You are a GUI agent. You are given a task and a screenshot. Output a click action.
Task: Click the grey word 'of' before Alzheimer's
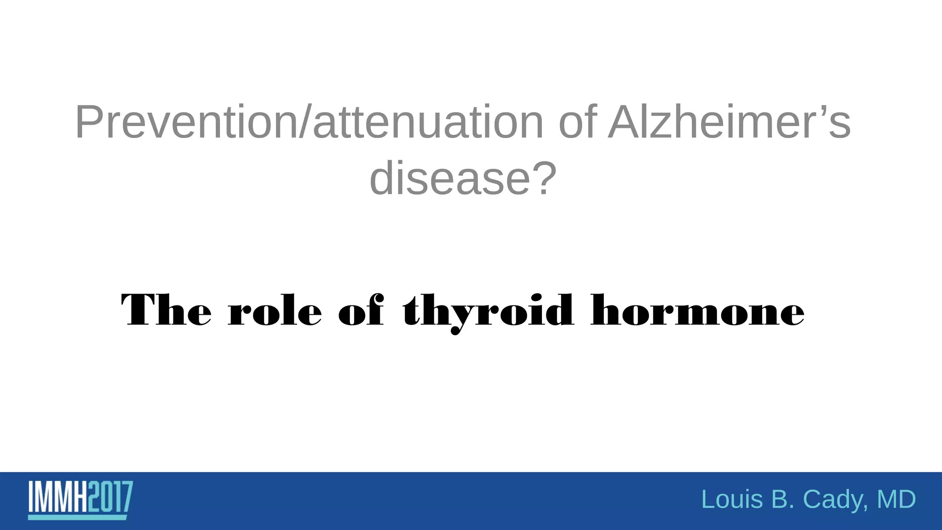(578, 122)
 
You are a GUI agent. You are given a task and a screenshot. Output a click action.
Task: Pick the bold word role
(275, 310)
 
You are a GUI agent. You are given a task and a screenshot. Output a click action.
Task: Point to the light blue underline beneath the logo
(77, 518)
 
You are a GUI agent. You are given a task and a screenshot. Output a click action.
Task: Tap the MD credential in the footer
(896, 500)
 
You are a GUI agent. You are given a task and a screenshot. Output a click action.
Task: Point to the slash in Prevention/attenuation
(305, 122)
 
